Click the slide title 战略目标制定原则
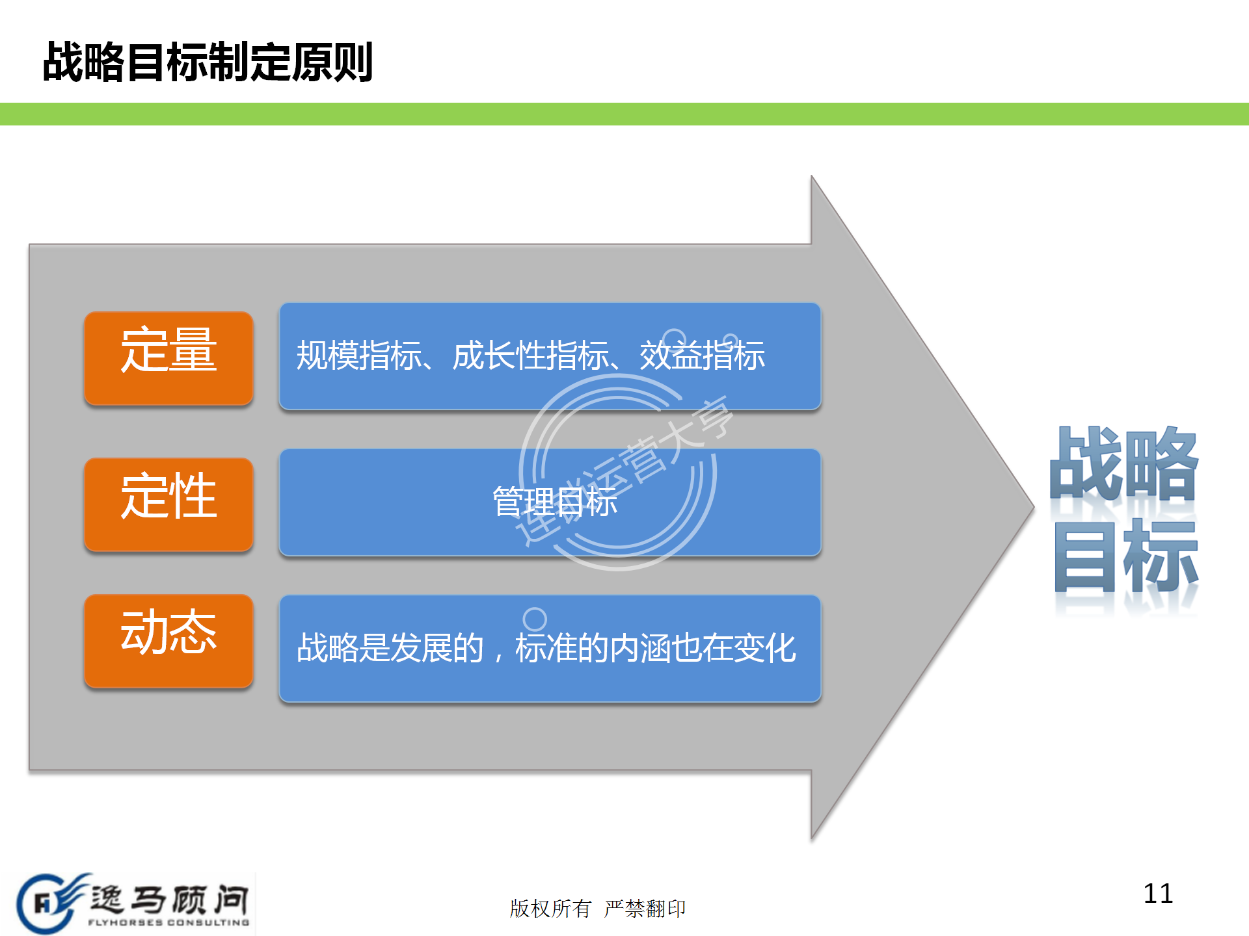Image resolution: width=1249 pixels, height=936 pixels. (x=208, y=62)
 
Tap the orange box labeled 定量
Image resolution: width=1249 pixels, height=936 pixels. (x=168, y=357)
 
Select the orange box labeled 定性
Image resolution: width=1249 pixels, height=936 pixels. (x=168, y=504)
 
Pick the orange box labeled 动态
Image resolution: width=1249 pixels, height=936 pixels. (x=168, y=640)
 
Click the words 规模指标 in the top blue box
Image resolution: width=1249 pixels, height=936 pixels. (x=358, y=356)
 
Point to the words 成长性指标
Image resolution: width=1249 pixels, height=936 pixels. (x=531, y=356)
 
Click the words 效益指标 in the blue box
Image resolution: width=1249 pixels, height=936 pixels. (x=702, y=356)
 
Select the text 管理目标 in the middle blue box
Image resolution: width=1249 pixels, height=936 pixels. (x=554, y=502)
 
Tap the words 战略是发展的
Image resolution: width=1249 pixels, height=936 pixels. (x=390, y=648)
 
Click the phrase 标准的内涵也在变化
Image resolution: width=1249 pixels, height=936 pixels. (x=655, y=648)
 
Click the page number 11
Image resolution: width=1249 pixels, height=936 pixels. (x=1158, y=894)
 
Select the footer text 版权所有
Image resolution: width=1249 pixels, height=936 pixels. (x=550, y=908)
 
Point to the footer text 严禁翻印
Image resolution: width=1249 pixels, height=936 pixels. (x=645, y=908)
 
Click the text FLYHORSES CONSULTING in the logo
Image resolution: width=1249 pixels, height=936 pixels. (x=168, y=922)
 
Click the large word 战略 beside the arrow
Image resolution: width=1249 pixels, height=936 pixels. (x=1124, y=463)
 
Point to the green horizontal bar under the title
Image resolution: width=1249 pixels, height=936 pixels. (x=624, y=114)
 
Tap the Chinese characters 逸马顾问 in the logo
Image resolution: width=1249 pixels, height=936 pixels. (x=169, y=899)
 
